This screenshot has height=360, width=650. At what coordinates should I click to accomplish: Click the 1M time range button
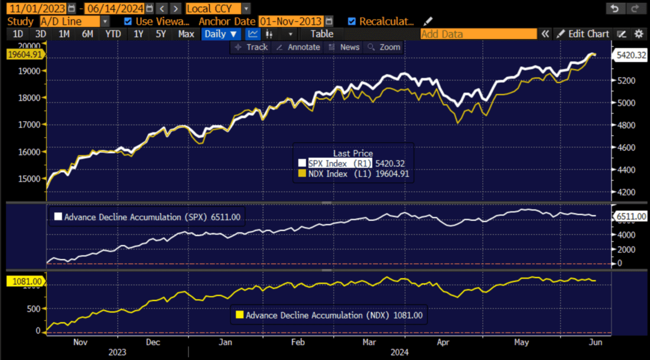[x=64, y=34]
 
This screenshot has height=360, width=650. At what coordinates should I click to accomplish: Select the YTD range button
[x=113, y=34]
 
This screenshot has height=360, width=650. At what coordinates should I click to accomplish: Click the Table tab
[x=322, y=34]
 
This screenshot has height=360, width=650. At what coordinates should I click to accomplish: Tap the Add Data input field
[x=479, y=34]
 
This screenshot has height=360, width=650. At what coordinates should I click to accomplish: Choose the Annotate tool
[x=298, y=47]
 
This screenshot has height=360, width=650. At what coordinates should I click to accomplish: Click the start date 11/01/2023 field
[x=35, y=8]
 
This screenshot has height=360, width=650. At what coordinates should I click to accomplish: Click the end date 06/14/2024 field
[x=114, y=8]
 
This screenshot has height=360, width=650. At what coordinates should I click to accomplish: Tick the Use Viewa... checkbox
[x=128, y=21]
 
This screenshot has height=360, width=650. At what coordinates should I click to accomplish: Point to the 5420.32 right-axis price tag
[x=631, y=56]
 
